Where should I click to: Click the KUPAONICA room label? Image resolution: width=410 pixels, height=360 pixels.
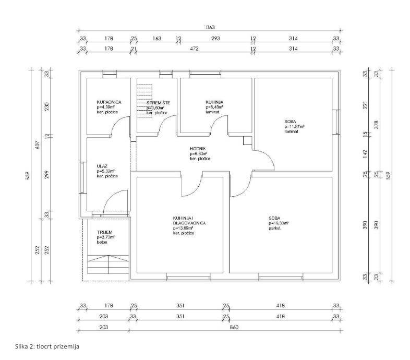(x=109, y=102)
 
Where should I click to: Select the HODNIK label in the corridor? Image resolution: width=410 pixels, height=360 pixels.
(x=198, y=149)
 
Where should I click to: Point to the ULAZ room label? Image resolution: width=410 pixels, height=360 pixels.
(x=102, y=165)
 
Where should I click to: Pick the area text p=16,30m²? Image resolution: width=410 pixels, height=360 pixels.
(x=279, y=222)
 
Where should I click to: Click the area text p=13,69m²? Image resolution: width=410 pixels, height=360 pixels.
(x=184, y=227)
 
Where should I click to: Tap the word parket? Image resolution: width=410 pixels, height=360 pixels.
(x=275, y=227)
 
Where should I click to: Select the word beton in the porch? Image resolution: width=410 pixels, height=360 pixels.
(x=102, y=242)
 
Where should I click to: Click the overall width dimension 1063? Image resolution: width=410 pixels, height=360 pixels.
(x=209, y=27)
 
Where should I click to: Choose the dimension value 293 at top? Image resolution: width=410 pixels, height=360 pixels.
(x=215, y=38)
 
